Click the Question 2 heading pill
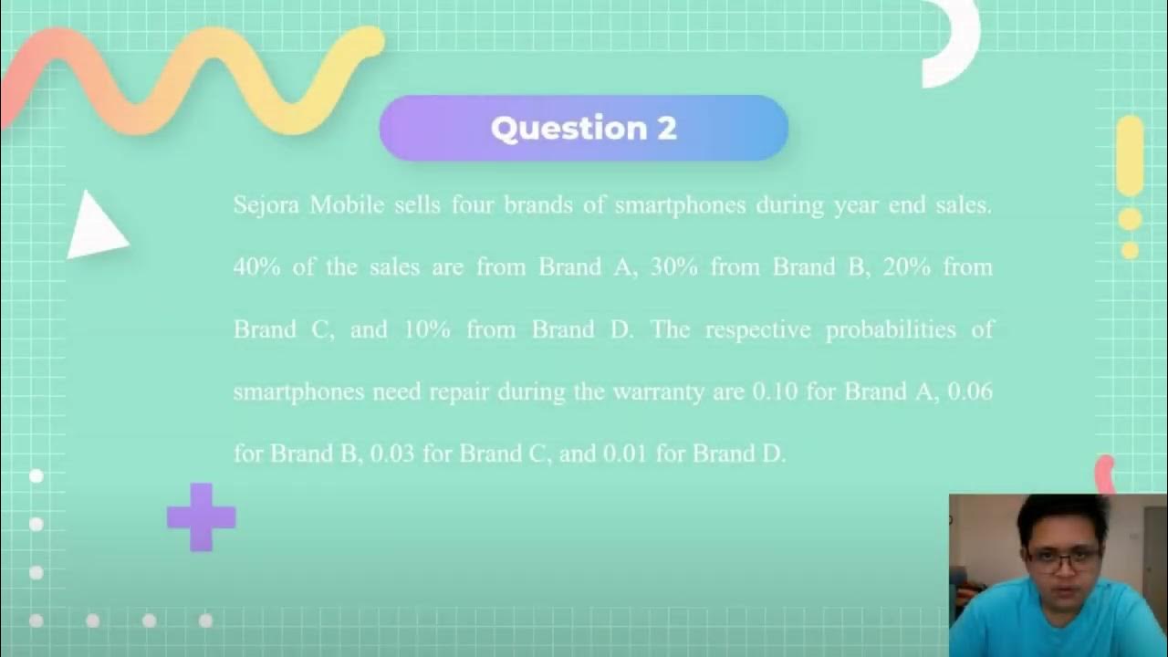(x=583, y=129)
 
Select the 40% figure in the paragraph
(x=256, y=267)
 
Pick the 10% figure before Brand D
(x=426, y=329)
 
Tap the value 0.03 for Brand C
(x=392, y=454)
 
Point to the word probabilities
(x=891, y=329)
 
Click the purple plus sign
(x=201, y=517)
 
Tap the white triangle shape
(x=95, y=226)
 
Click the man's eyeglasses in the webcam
(x=1063, y=558)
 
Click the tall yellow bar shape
(x=1130, y=155)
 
